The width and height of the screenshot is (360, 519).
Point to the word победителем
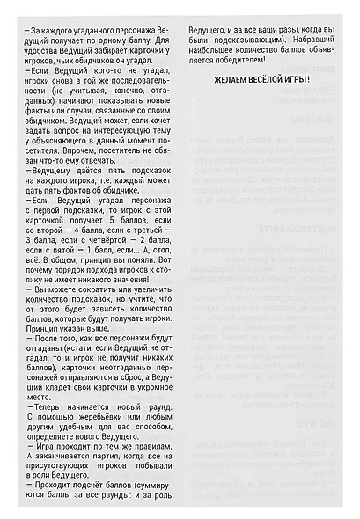click(x=241, y=62)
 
